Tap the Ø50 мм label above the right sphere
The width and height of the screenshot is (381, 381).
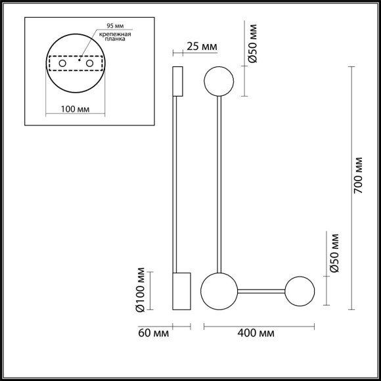pos(334,252)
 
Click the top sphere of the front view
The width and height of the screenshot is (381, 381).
pos(218,81)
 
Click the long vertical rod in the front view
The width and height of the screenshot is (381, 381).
pos(218,184)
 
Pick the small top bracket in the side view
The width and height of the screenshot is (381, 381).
pos(177,81)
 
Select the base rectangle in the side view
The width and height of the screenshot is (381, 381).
pos(181,291)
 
